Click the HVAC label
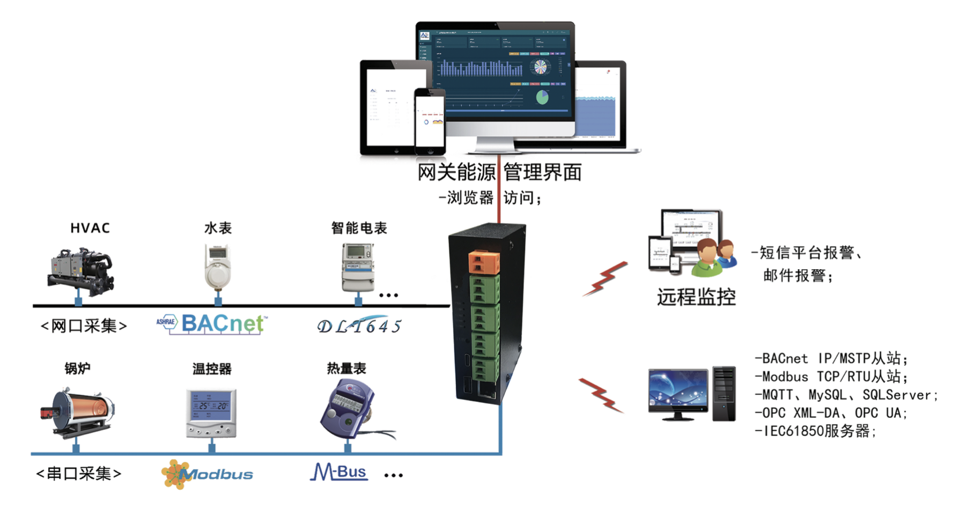point(90,228)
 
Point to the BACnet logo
point(212,323)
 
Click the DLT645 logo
point(359,326)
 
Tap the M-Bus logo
point(339,472)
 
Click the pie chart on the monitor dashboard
point(542,97)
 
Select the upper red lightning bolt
point(605,279)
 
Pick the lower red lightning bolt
point(602,395)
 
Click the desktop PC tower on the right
point(724,394)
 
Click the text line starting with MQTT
point(847,395)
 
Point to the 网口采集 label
point(84,326)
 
